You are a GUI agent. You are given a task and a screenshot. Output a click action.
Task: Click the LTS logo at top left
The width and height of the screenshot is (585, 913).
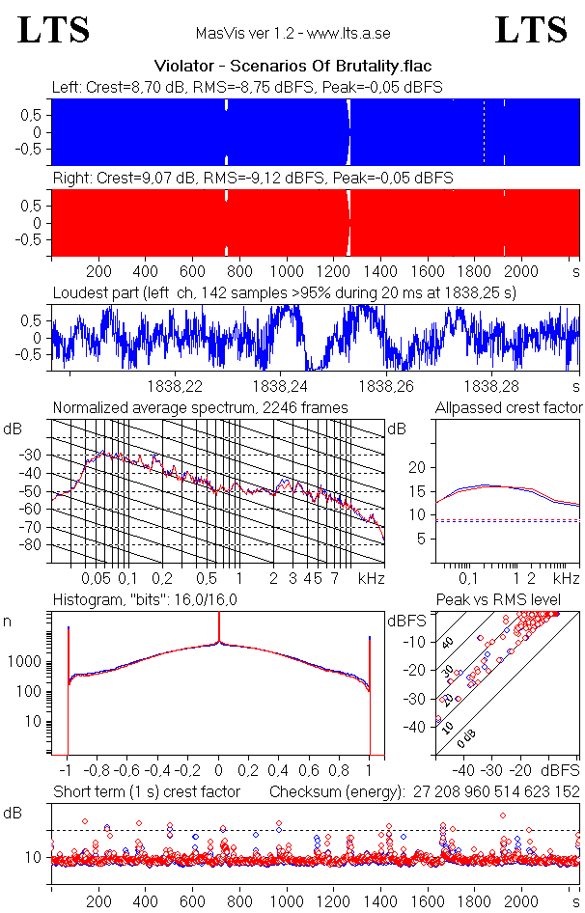click(54, 30)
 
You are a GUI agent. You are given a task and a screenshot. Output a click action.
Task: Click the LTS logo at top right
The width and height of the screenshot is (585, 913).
click(531, 30)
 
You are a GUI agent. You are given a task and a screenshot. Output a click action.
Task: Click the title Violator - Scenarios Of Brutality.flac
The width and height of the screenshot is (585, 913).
click(292, 66)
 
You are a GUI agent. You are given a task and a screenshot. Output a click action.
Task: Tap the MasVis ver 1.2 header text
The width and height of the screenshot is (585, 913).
click(292, 33)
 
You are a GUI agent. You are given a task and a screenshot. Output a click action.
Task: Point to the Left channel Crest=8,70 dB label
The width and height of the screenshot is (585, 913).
click(247, 87)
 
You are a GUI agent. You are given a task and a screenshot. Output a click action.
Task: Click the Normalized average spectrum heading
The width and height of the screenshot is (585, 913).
click(201, 407)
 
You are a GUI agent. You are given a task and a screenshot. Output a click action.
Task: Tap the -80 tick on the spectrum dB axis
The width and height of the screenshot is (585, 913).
click(34, 545)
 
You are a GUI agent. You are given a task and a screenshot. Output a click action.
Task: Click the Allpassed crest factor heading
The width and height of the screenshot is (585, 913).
click(509, 407)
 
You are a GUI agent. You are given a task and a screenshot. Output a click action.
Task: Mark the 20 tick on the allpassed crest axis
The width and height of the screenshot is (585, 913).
click(417, 467)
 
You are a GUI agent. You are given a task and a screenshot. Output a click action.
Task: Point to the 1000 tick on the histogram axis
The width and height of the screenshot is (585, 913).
click(27, 662)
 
